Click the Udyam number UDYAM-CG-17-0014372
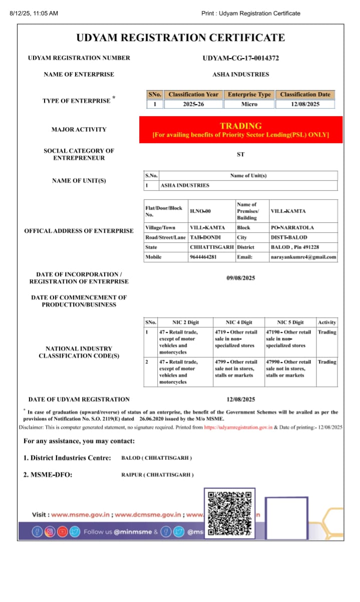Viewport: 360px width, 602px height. [240, 58]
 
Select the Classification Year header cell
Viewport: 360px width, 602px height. [193, 94]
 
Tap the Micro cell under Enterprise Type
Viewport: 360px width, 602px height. [249, 104]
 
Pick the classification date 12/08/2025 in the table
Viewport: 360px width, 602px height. [305, 104]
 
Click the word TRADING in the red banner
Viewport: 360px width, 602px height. [240, 126]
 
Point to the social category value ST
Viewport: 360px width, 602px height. [240, 155]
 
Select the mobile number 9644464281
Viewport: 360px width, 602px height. [203, 257]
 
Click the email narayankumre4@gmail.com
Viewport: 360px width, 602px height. [303, 257]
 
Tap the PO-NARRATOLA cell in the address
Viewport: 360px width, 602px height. [292, 228]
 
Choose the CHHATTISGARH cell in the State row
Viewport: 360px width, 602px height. [212, 247]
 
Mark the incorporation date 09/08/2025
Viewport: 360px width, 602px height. [240, 278]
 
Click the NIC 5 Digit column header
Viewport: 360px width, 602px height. [290, 322]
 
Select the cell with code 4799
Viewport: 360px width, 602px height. [236, 368]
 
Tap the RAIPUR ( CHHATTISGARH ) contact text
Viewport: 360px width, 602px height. [157, 474]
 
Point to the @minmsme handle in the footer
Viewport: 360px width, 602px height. [133, 532]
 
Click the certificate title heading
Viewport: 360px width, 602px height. [180, 38]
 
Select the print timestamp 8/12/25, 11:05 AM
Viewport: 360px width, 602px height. [34, 14]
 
